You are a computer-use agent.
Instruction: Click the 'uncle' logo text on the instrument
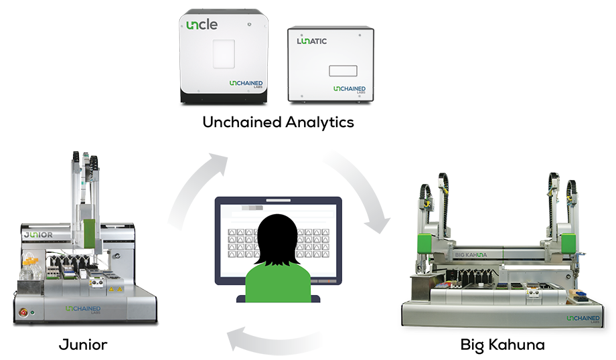coord(200,25)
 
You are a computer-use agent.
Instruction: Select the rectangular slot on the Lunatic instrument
coord(343,70)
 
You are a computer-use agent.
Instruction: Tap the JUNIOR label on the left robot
coord(42,236)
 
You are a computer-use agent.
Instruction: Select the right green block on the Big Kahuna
coord(568,245)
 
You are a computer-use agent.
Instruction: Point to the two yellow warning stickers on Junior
coord(111,290)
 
